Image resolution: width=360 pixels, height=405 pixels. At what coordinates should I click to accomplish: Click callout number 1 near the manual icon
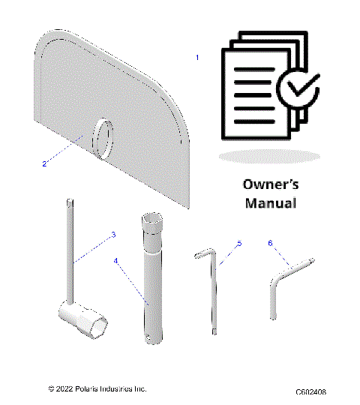(x=197, y=58)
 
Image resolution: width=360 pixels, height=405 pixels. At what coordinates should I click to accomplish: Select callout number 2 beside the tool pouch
(x=44, y=163)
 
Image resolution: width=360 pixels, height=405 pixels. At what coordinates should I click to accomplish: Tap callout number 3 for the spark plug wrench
(x=113, y=235)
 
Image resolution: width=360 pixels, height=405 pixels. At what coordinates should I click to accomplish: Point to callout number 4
(x=116, y=261)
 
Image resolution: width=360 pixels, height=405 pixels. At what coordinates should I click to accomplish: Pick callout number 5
(x=239, y=243)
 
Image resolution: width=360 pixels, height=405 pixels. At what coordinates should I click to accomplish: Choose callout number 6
(x=270, y=242)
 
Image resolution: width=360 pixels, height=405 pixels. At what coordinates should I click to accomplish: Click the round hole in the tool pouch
(x=102, y=138)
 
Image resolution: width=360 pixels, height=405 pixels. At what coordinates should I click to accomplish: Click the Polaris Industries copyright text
(x=97, y=388)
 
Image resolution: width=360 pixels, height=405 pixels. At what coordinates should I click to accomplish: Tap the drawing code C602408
(x=310, y=391)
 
